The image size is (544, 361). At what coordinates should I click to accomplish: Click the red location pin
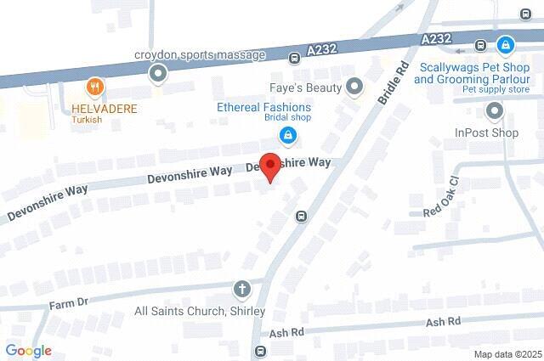(269, 166)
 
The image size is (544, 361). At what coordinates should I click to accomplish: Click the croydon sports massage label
(200, 55)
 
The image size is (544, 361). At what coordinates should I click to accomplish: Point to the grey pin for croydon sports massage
(157, 75)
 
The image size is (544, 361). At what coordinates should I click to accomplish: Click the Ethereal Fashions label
(263, 108)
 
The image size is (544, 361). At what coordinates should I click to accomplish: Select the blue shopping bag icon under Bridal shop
(288, 134)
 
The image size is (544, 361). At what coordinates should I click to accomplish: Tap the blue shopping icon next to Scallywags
(506, 43)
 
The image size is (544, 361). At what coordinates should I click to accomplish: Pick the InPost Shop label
(486, 133)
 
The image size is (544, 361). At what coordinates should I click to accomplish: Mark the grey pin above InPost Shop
(494, 110)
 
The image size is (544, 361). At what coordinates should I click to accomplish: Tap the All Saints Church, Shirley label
(201, 312)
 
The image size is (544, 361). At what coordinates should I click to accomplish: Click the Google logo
(28, 351)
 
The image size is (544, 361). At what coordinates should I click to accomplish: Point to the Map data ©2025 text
(507, 354)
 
